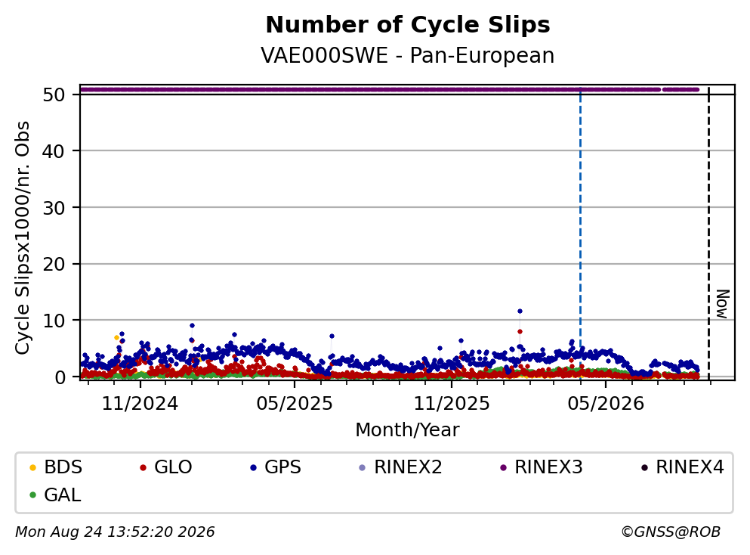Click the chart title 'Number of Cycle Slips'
408,25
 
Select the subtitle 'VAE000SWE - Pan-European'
408,55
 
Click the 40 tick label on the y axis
54,151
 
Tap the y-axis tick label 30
54,208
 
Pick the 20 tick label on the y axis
54,264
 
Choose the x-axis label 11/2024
140,404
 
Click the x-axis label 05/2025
295,404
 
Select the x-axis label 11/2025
452,404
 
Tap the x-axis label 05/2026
606,404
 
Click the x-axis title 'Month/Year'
408,430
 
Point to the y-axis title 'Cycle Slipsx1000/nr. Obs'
22,238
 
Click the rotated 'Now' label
722,304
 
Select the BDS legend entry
55,467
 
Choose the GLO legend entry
165,467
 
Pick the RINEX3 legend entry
542,467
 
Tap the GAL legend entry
55,495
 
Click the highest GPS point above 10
520,312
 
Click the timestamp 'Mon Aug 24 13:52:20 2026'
116,532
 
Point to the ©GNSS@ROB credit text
671,532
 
